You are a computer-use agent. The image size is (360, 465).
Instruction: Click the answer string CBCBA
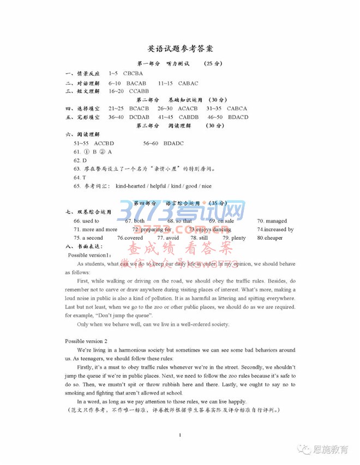pos(133,73)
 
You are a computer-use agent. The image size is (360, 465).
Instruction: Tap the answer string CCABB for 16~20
pos(139,92)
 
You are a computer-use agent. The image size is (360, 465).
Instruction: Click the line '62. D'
pos(80,160)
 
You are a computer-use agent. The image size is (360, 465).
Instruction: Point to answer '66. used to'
pos(86,221)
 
